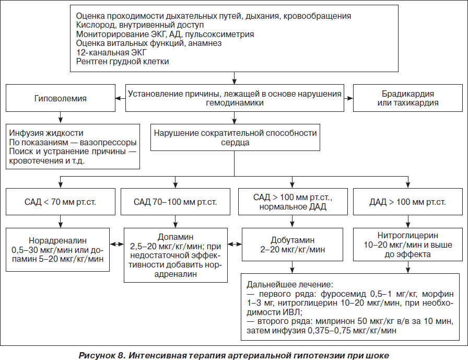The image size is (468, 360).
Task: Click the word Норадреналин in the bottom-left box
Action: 57,240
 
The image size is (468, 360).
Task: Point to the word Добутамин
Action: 292,240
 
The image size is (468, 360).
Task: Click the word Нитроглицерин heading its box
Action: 408,236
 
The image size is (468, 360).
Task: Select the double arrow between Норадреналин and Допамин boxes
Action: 116,244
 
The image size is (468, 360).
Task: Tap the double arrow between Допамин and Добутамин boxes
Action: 235,244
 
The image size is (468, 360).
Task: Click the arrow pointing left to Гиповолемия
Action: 120,98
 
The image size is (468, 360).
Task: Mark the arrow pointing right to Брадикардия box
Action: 348,98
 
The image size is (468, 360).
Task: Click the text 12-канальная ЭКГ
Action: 111,53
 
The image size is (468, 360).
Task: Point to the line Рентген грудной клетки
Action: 122,62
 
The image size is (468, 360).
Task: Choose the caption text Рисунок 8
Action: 101,355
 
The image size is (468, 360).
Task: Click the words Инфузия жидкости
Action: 46,133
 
